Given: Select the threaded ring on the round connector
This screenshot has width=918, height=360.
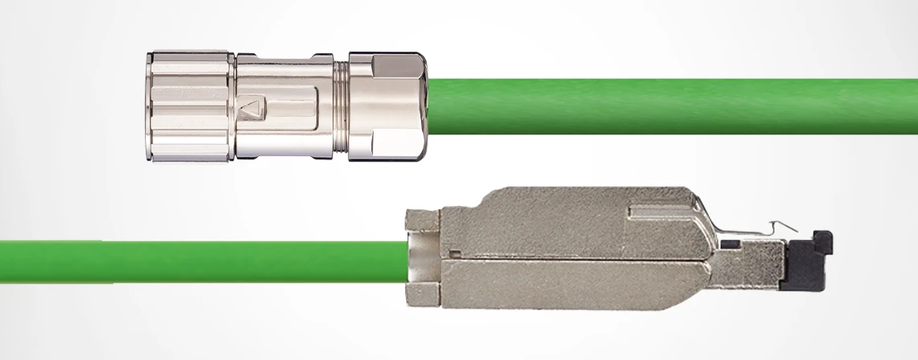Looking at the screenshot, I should pos(341,106).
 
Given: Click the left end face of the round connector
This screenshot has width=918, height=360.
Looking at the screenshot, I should pos(150,106).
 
